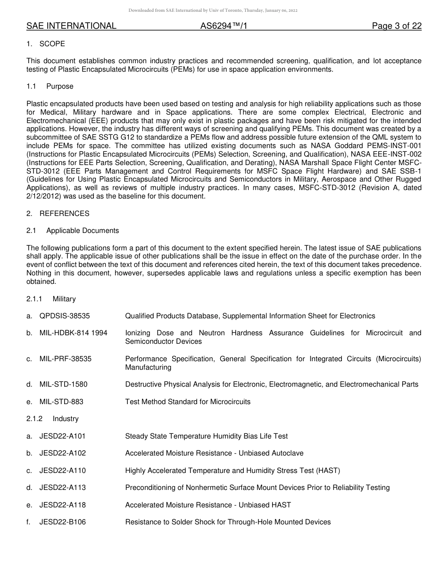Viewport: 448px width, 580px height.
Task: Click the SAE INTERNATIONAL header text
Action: [x=71, y=26]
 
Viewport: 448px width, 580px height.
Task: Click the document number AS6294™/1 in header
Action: [x=224, y=26]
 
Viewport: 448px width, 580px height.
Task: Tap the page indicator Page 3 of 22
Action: [x=397, y=26]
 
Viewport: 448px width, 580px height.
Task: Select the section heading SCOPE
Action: [x=52, y=44]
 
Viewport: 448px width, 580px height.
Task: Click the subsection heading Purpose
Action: [x=60, y=86]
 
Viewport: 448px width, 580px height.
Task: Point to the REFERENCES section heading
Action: [x=64, y=214]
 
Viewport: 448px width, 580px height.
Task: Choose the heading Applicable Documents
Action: [x=83, y=231]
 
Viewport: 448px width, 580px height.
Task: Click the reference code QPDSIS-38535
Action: [x=65, y=316]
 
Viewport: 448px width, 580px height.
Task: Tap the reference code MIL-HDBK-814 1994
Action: [x=73, y=333]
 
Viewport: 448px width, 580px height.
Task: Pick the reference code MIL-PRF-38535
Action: [x=66, y=359]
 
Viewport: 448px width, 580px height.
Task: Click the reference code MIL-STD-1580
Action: [x=63, y=384]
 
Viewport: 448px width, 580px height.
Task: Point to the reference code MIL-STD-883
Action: [x=61, y=402]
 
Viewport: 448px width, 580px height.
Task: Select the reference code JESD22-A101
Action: [x=62, y=436]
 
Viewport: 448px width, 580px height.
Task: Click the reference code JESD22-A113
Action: [x=62, y=488]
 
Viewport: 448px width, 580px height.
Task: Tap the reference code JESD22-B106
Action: [x=62, y=522]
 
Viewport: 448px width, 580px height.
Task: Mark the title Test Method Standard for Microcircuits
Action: [x=188, y=402]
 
